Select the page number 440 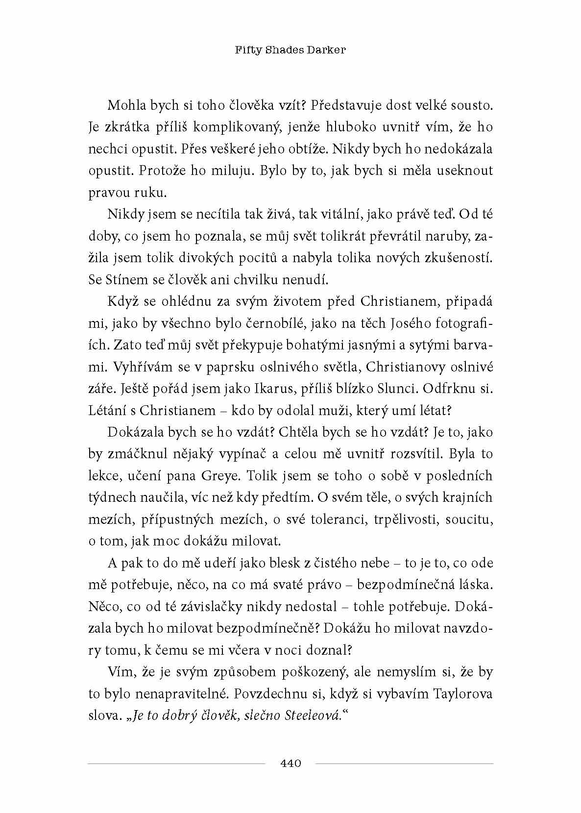pos(290,763)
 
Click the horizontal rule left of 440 pos(176,764)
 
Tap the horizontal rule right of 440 pos(404,764)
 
